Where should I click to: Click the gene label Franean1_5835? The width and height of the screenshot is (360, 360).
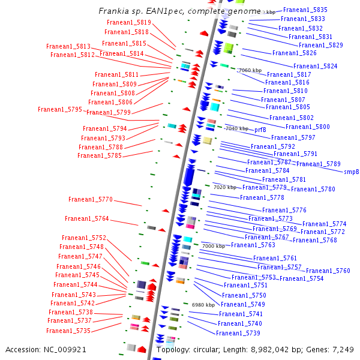click(x=305, y=10)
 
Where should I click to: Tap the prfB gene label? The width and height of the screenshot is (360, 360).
click(x=260, y=130)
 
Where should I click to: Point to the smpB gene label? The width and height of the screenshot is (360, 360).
click(x=351, y=172)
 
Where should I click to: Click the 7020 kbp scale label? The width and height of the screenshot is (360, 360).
click(x=225, y=187)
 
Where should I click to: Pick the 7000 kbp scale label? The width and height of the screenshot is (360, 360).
click(x=213, y=246)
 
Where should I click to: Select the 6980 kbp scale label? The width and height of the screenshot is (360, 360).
click(x=203, y=305)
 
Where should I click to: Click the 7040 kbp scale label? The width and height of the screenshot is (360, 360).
click(x=236, y=128)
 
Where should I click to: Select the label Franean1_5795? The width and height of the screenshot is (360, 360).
click(x=59, y=109)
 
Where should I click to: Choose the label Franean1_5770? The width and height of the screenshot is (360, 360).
click(x=90, y=199)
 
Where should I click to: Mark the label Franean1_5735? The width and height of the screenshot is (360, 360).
click(x=68, y=331)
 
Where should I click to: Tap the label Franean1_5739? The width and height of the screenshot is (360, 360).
click(x=238, y=333)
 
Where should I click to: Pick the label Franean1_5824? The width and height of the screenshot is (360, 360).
click(x=315, y=66)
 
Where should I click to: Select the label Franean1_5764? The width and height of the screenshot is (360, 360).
click(x=86, y=219)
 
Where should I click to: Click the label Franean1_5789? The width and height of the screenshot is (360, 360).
click(x=318, y=164)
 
